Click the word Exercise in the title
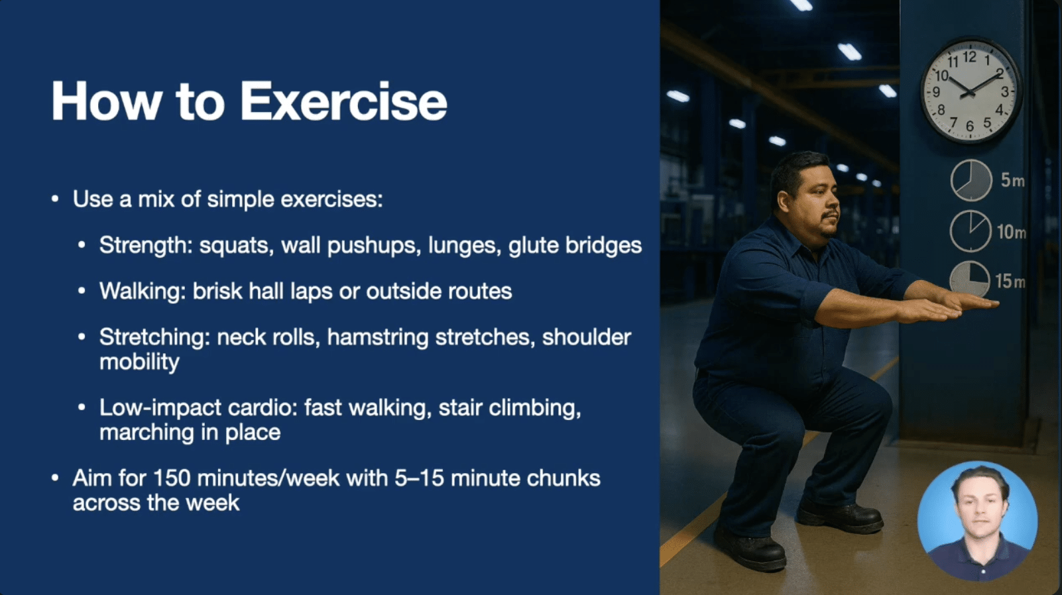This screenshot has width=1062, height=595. pos(344,102)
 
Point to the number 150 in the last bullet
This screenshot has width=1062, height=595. pos(172,478)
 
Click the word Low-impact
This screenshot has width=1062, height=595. pos(160,407)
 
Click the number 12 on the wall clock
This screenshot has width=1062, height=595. pos(969,58)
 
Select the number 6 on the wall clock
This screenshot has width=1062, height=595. pos(970,126)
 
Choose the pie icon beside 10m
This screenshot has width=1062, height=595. pos(971,231)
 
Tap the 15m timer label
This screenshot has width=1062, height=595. pos(1010,282)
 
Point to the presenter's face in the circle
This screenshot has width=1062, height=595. pos(980,506)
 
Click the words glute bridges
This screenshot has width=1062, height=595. pos(575,245)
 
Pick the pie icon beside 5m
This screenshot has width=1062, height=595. pos(971,180)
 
